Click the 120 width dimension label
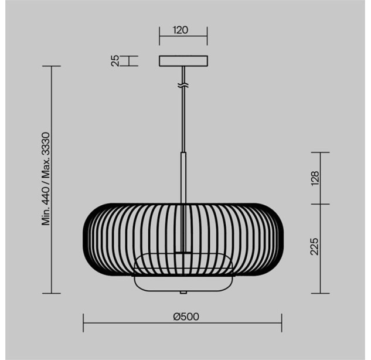(x=181, y=30)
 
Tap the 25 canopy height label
(x=115, y=61)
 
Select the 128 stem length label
(x=315, y=178)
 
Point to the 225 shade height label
(x=315, y=246)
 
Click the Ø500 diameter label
(x=186, y=317)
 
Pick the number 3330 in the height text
(x=46, y=144)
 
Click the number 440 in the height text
(x=46, y=194)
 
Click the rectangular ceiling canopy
(x=183, y=61)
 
